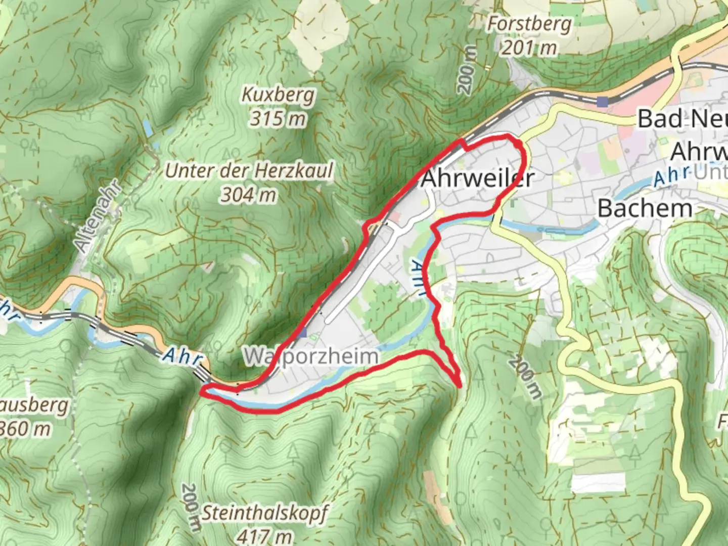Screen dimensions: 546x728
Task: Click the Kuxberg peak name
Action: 278,95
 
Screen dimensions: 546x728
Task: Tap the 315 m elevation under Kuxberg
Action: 278,119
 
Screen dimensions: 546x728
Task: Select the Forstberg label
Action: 529,24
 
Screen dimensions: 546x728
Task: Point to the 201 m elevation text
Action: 529,48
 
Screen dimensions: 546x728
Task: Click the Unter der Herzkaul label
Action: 249,171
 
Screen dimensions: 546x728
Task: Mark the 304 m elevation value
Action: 249,195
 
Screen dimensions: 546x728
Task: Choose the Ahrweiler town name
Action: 477,178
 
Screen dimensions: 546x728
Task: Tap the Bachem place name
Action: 645,208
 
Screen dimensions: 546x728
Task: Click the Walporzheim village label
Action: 310,356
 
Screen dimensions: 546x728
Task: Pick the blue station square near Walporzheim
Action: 302,333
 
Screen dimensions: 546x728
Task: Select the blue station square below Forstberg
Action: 602,102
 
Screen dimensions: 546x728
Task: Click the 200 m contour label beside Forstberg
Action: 467,70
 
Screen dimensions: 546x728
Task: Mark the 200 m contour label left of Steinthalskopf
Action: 190,507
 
